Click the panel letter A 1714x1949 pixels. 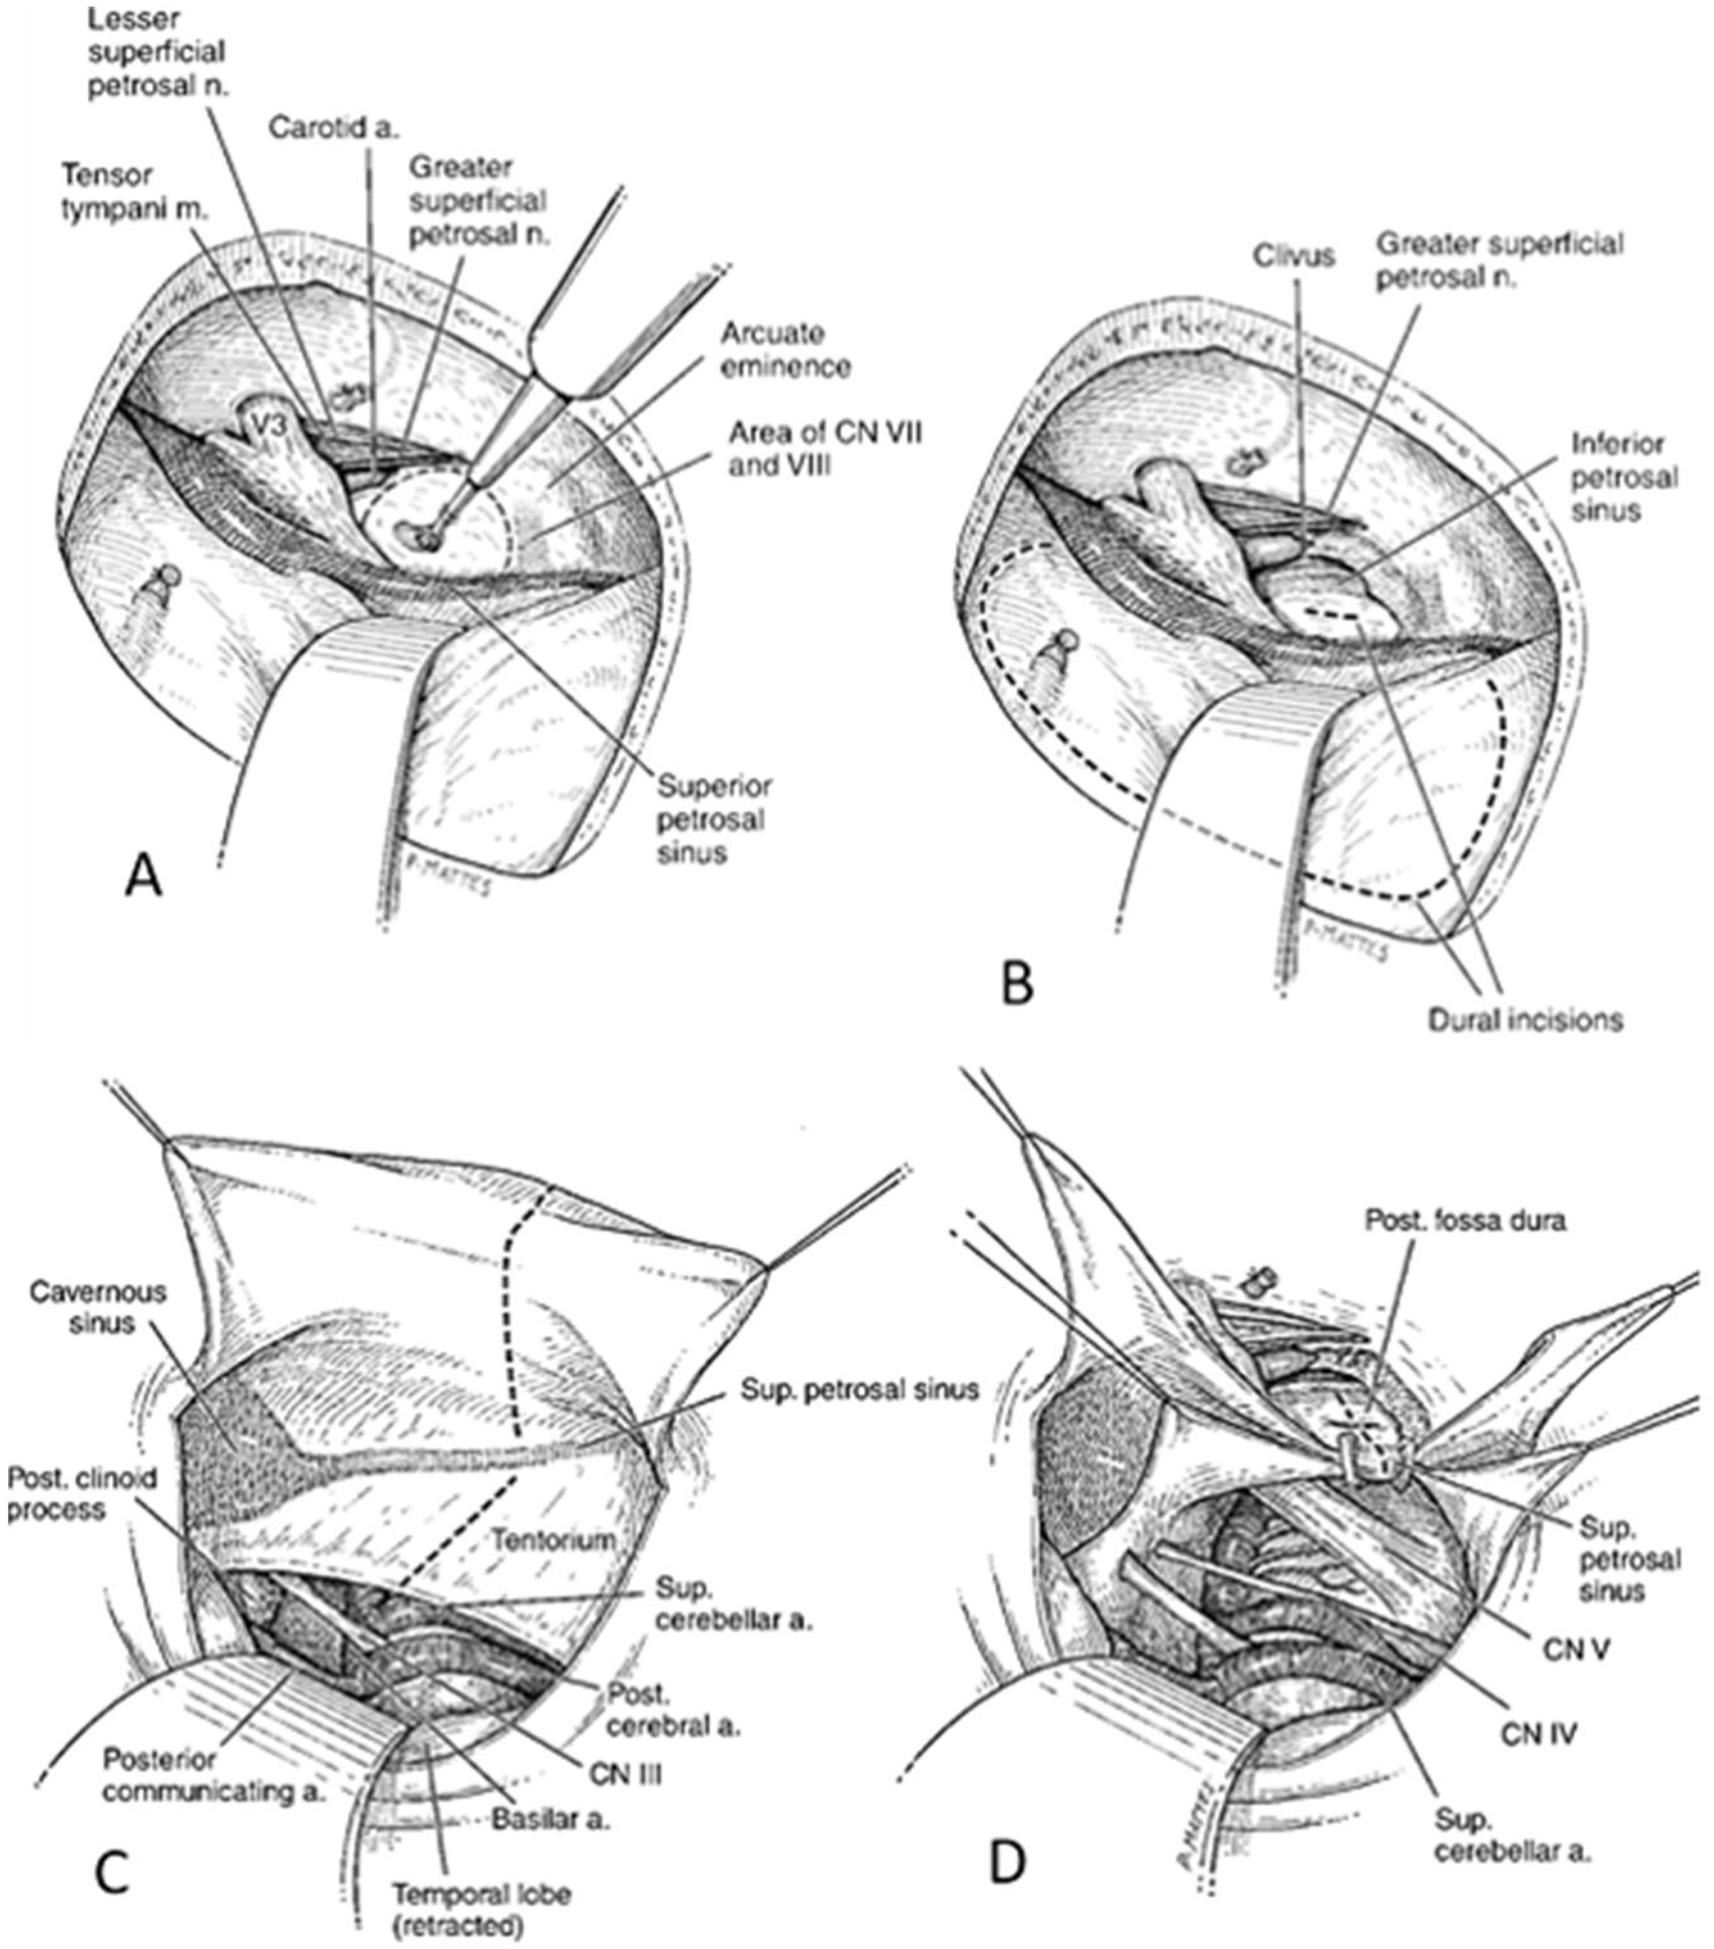click(143, 876)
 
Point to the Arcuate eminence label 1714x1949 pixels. click(785, 350)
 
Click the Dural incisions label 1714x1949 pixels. click(1524, 1020)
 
